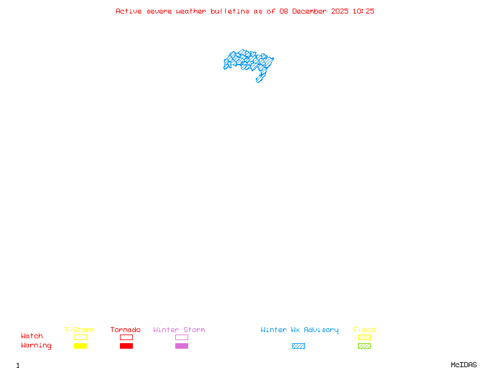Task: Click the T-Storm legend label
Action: coord(79,330)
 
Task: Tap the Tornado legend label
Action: coord(125,330)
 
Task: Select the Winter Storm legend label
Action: coord(179,330)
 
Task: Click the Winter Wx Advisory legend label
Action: coord(300,330)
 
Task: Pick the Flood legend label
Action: coord(364,330)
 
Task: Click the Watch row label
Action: coord(32,336)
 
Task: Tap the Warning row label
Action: coord(36,346)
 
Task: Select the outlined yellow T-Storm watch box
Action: coord(80,337)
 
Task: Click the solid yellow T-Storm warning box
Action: coord(80,346)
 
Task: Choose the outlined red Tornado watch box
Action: coord(126,337)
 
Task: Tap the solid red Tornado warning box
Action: coord(126,346)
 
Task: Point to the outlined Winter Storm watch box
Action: coord(181,337)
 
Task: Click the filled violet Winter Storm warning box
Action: coord(181,346)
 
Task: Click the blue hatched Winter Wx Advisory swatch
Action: coord(298,346)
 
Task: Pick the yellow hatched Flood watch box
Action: coord(364,337)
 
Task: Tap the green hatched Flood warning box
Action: coord(364,346)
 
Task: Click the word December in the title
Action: coord(311,11)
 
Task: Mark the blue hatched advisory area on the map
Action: coord(247,61)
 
